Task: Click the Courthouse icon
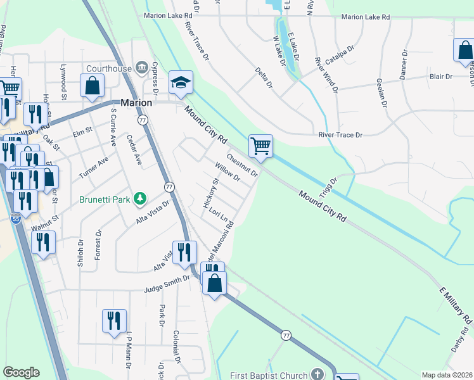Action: pyautogui.click(x=141, y=68)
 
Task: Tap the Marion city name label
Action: pyautogui.click(x=136, y=103)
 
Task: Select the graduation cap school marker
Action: pyautogui.click(x=181, y=83)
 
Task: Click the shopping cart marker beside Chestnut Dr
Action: pyautogui.click(x=260, y=147)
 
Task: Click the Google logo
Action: pyautogui.click(x=21, y=372)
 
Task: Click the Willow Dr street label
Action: pyautogui.click(x=227, y=172)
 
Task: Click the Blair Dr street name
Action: pyautogui.click(x=440, y=77)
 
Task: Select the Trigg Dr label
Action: pyautogui.click(x=331, y=188)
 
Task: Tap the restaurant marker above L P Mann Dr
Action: pyautogui.click(x=115, y=322)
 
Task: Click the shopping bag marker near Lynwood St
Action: pyautogui.click(x=92, y=87)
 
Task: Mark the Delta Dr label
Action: pyautogui.click(x=264, y=77)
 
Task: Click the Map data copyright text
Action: pyautogui.click(x=447, y=375)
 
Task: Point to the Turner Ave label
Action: pyautogui.click(x=93, y=167)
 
